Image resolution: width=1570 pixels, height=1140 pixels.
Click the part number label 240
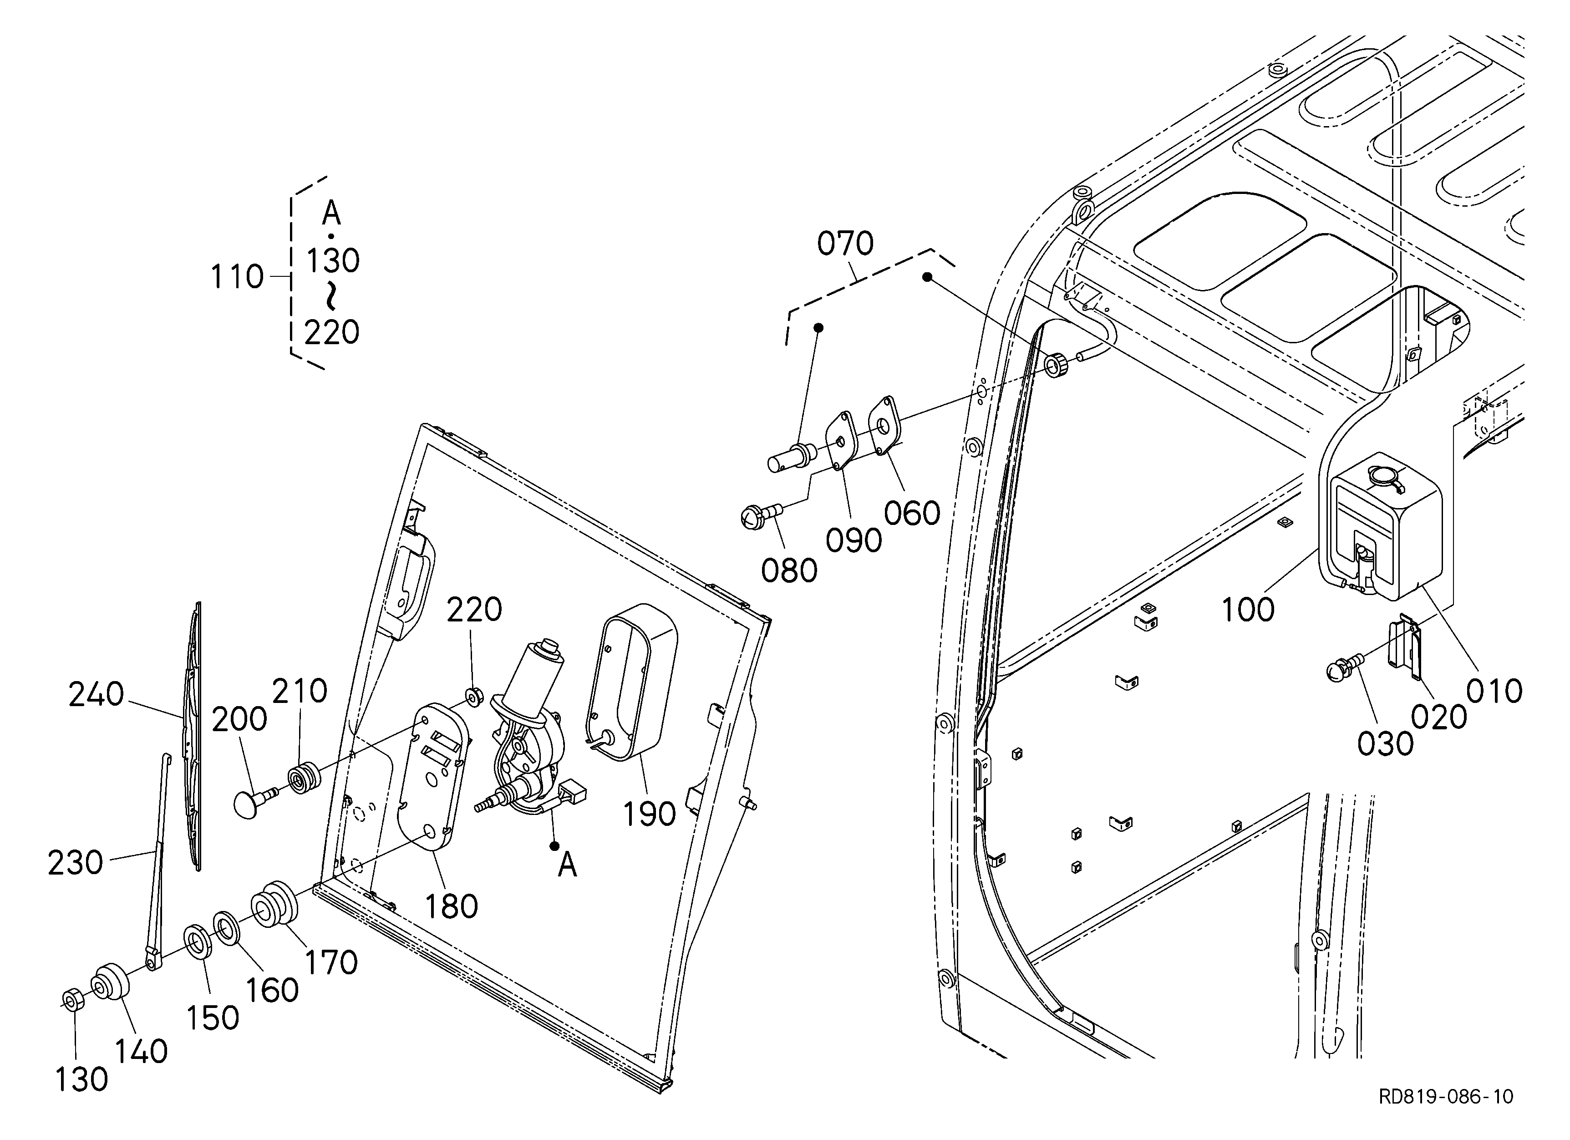(96, 694)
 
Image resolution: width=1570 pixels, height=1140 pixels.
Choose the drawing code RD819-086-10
(1446, 1116)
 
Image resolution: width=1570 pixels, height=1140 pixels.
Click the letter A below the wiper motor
(567, 865)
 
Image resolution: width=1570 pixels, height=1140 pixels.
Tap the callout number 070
(845, 244)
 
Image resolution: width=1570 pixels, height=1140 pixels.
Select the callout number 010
(1494, 691)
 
